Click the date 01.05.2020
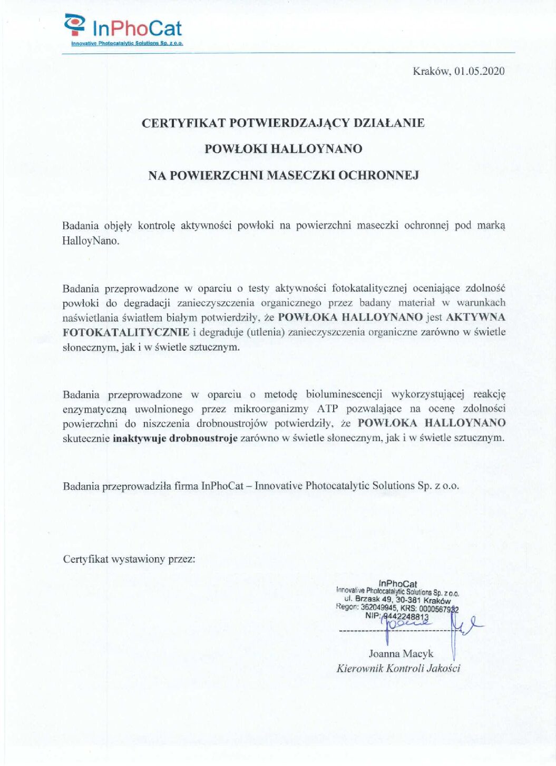[x=479, y=71]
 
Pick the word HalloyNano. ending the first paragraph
[x=91, y=241]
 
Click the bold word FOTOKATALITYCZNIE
[x=125, y=332]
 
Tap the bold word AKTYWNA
[x=475, y=317]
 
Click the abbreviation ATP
[x=327, y=409]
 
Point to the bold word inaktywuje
[x=139, y=438]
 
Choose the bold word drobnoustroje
[x=203, y=438]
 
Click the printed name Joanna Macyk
[x=401, y=654]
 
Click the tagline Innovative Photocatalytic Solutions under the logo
[x=126, y=43]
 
